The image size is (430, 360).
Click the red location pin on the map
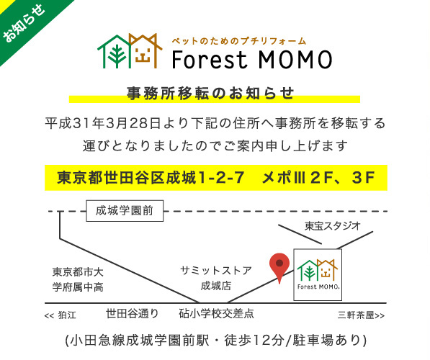click(279, 266)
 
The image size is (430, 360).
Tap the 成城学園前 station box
click(125, 211)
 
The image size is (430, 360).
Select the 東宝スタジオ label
click(332, 226)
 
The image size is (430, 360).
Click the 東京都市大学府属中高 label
click(78, 279)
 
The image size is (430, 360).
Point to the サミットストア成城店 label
click(216, 278)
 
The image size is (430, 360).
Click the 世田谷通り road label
click(133, 313)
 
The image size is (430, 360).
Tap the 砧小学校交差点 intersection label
click(216, 313)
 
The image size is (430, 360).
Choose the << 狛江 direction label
click(61, 315)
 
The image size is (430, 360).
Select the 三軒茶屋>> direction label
click(361, 315)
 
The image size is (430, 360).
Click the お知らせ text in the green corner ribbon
click(24, 23)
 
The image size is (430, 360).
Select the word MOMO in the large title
click(295, 60)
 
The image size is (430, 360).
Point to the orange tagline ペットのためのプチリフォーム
click(239, 41)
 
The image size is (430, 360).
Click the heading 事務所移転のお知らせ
click(210, 93)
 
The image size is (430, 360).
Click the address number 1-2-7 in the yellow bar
click(221, 177)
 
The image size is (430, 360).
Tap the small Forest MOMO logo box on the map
click(318, 275)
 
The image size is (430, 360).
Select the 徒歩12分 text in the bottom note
click(254, 341)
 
